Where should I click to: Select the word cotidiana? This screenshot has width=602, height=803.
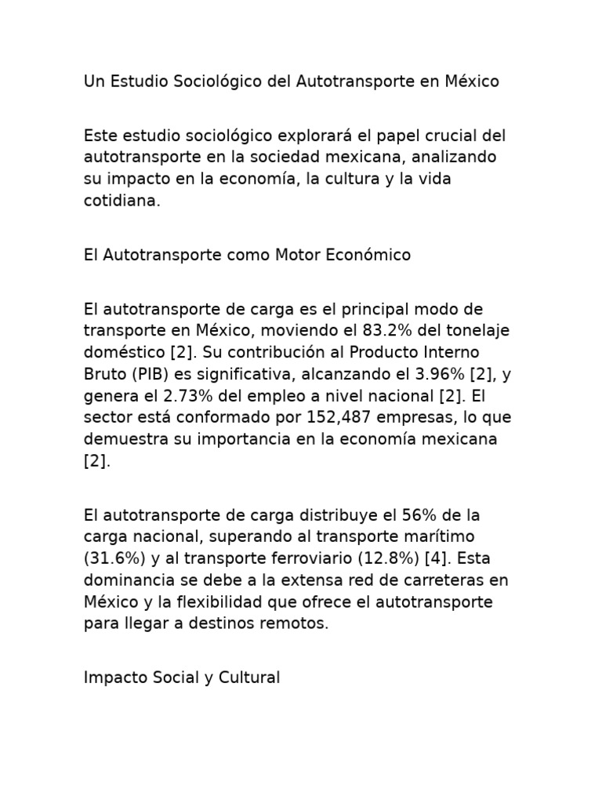click(121, 201)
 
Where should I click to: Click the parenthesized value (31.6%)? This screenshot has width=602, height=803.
click(112, 559)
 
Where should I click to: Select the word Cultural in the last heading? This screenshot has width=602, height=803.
click(248, 678)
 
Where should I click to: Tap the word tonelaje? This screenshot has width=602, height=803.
click(478, 330)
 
